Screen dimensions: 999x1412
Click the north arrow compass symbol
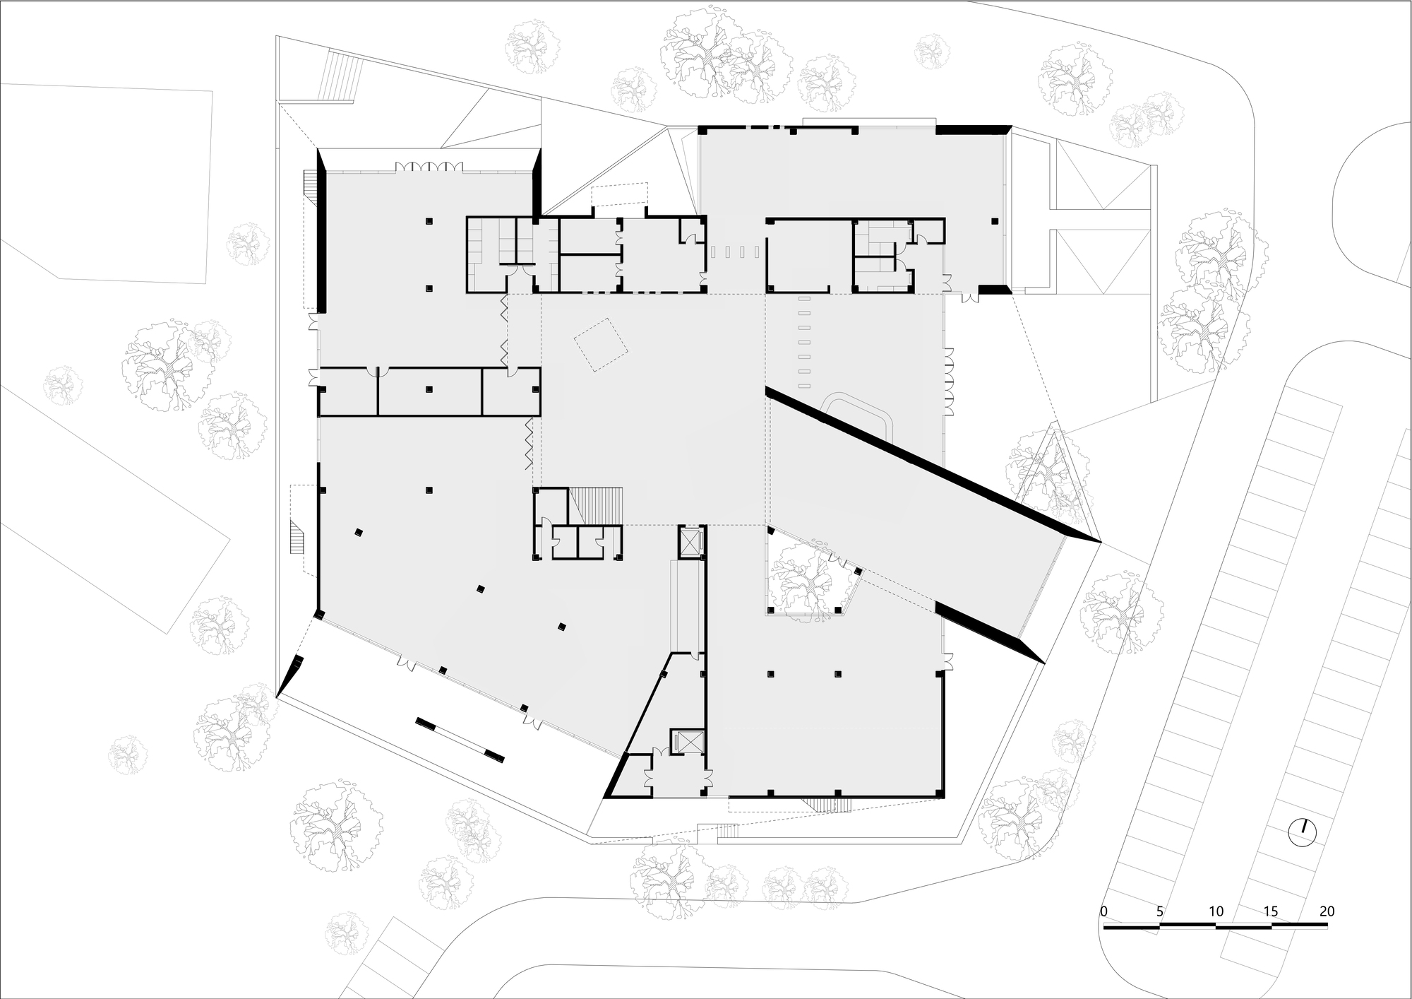tap(1303, 833)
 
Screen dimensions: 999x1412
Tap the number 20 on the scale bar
tap(1327, 911)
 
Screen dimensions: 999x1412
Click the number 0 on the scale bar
tap(1104, 911)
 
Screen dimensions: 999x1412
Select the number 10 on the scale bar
tap(1216, 911)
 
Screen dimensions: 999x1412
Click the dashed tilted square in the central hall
tap(601, 345)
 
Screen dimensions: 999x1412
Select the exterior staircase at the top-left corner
tap(340, 78)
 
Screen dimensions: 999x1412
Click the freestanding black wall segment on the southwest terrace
tap(460, 740)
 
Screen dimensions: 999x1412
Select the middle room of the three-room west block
tap(430, 391)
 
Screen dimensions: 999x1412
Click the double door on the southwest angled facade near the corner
tap(406, 661)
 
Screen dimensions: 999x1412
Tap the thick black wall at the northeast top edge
tap(973, 129)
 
